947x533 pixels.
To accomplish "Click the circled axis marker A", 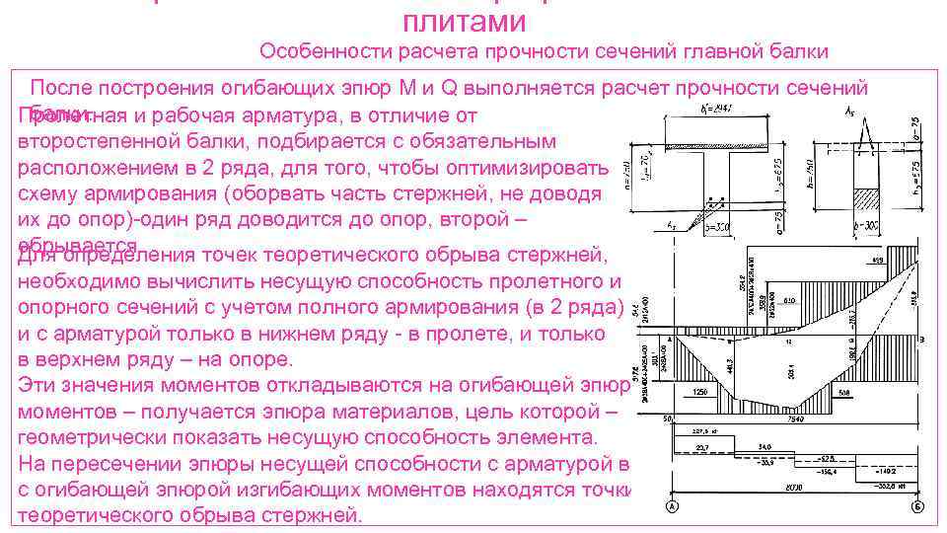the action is click(x=670, y=508).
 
